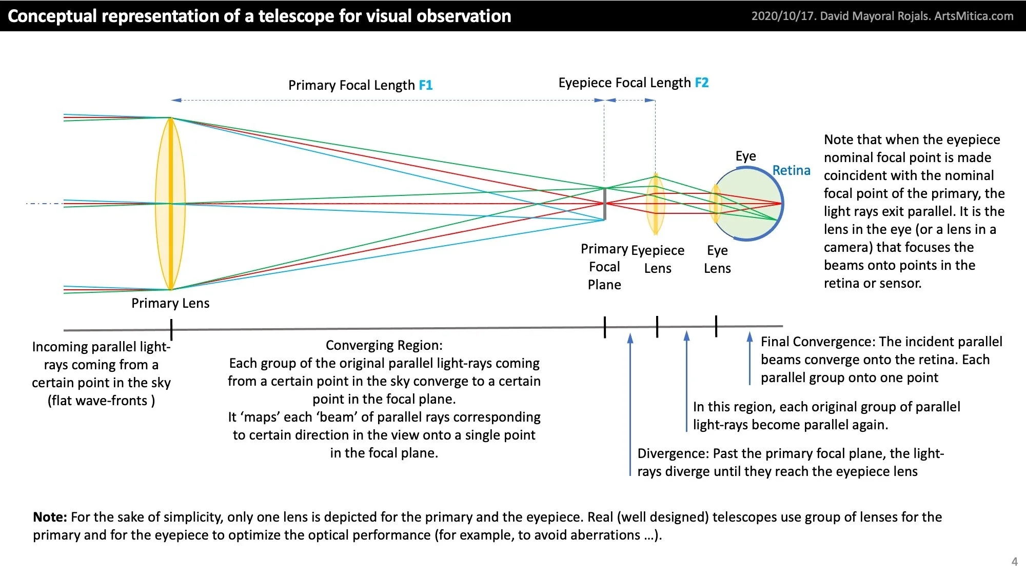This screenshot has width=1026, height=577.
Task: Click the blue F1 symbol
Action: tap(426, 85)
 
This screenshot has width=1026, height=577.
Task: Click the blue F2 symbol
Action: tap(701, 83)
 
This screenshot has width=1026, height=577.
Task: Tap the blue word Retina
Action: tap(791, 170)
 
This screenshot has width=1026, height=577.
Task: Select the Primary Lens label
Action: tap(170, 303)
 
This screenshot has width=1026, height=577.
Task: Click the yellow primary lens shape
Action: tap(170, 204)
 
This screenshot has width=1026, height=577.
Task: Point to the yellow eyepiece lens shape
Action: tap(655, 204)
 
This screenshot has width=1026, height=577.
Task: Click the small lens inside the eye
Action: tap(715, 204)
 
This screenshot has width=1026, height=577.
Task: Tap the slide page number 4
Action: tap(1014, 562)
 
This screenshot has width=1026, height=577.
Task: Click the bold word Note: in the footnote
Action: tap(50, 517)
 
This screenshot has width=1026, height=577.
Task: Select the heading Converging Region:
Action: tap(384, 345)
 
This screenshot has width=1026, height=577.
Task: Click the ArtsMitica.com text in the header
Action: tap(974, 16)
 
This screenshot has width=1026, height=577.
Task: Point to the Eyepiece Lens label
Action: tap(658, 259)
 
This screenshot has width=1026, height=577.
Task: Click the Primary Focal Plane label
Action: tap(604, 267)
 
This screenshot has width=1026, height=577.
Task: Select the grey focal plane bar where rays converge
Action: tap(605, 204)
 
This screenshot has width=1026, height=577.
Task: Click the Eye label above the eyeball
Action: tap(745, 156)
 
